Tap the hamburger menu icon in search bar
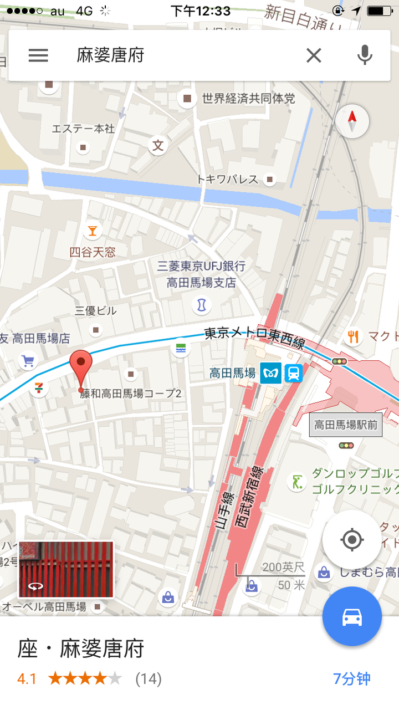(38, 55)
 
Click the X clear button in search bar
(314, 55)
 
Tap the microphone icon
(364, 55)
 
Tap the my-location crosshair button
(352, 539)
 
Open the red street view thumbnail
(66, 570)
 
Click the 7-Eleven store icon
(39, 387)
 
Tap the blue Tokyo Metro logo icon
(271, 374)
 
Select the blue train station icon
(294, 374)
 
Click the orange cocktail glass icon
(92, 230)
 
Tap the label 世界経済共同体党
(248, 99)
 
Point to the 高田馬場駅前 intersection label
(346, 425)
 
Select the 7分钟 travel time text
(352, 678)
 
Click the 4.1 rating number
(27, 678)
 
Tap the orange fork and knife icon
(353, 336)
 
